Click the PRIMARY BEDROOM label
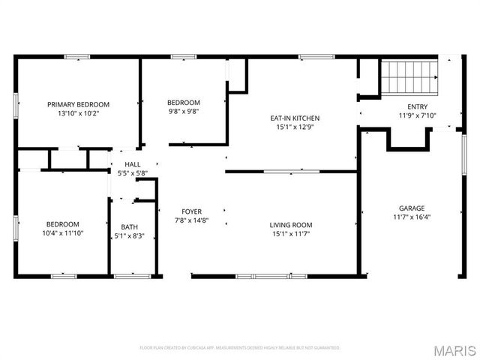point(78,104)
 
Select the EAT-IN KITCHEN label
point(295,118)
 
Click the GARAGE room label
point(412,208)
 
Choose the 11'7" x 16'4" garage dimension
point(412,217)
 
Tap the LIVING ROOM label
point(291,224)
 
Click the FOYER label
point(191,211)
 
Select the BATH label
point(130,227)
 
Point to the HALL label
point(132,164)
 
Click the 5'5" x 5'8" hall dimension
point(132,173)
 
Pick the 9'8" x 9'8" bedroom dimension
point(183,111)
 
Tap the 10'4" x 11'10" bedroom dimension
point(63,233)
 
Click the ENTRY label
point(417,106)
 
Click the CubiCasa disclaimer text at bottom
point(240,348)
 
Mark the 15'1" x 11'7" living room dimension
point(291,233)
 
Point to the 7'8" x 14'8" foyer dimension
point(191,220)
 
